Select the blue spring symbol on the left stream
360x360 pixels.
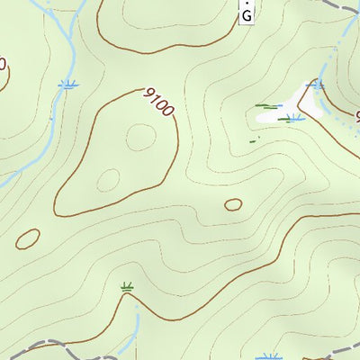click(x=67, y=85)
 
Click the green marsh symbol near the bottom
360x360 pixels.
click(x=128, y=288)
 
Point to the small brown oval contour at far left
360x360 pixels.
click(x=28, y=238)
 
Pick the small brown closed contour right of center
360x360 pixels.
click(x=233, y=204)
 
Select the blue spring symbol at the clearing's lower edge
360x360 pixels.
click(x=293, y=117)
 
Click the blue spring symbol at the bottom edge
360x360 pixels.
click(x=265, y=356)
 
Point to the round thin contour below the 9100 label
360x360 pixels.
click(x=139, y=138)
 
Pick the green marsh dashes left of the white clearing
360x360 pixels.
click(x=263, y=107)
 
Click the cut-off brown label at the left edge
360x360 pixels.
click(x=3, y=65)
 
